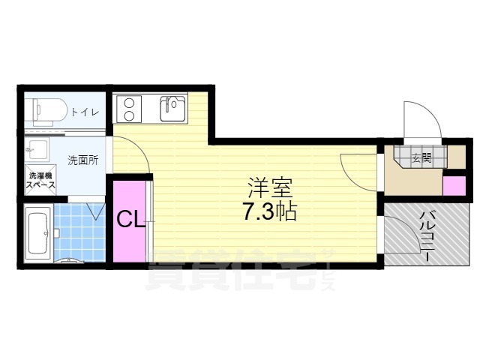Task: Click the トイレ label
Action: click(85, 112)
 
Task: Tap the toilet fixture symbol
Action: click(49, 112)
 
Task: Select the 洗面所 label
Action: click(82, 160)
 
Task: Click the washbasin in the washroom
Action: click(37, 148)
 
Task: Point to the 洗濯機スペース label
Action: click(40, 181)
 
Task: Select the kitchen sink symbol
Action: click(172, 108)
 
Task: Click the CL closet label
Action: click(130, 219)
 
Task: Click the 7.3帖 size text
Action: click(269, 212)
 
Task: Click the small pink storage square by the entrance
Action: click(454, 185)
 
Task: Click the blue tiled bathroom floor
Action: click(79, 233)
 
